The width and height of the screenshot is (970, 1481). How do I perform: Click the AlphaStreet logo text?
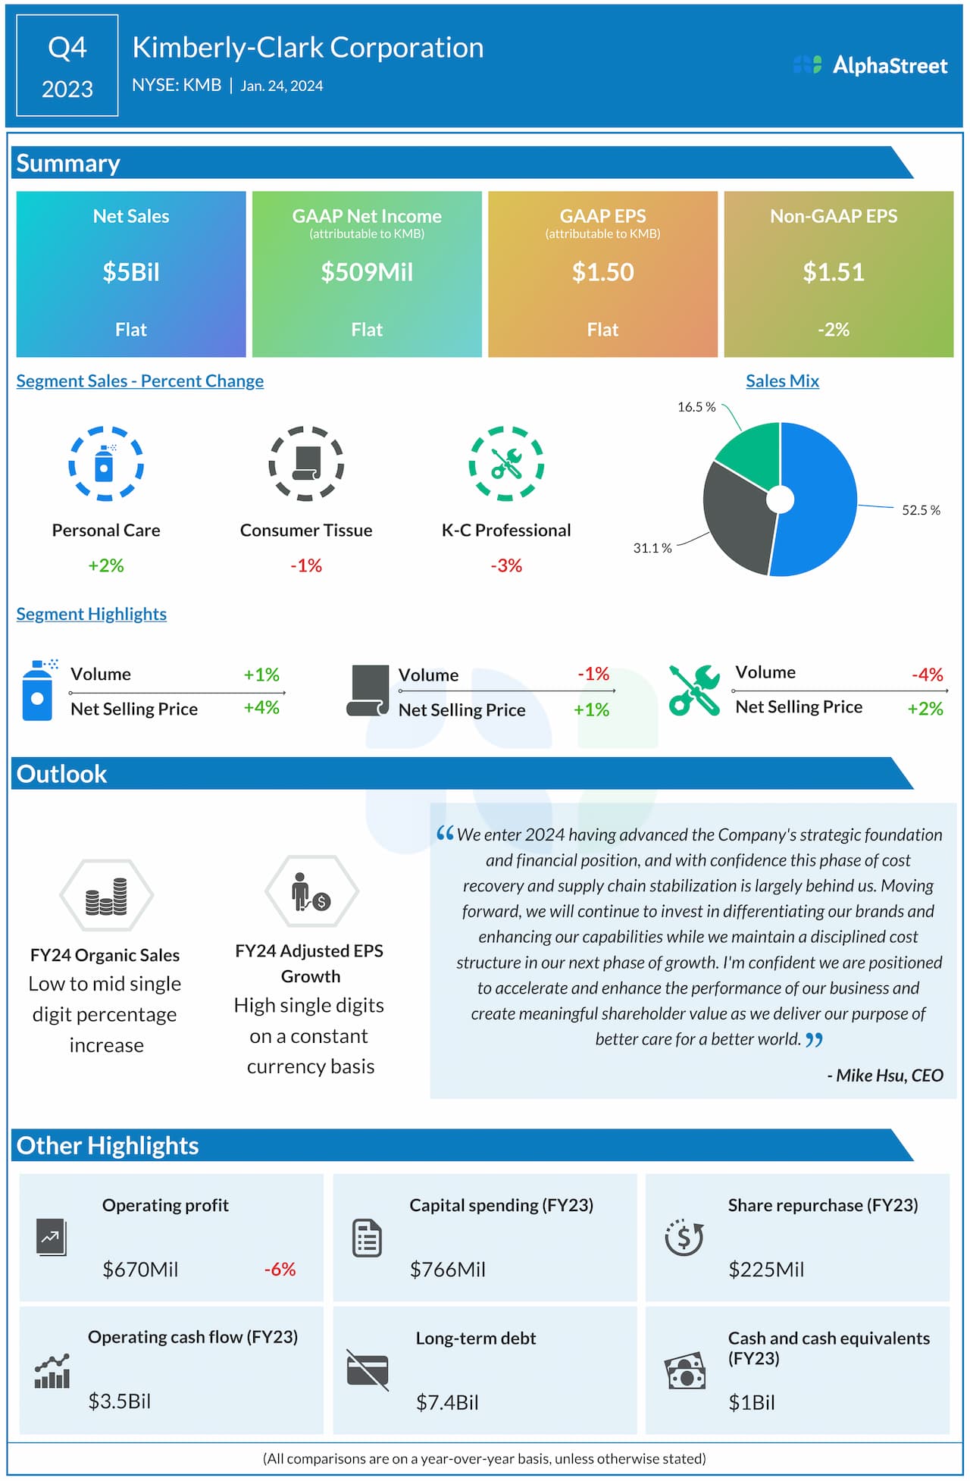890,66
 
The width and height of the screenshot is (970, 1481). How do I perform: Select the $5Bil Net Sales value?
131,272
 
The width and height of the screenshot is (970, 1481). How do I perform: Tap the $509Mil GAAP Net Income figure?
367,272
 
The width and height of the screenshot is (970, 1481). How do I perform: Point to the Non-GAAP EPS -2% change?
833,330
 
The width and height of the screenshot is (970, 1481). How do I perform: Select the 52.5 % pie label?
920,510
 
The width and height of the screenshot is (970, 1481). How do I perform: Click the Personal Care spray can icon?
105,463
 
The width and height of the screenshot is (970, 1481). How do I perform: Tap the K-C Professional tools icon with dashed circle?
506,463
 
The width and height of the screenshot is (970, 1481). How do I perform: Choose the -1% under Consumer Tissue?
306,565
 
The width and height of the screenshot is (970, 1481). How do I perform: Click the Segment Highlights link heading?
92,614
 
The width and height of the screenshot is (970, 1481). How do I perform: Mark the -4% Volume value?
927,675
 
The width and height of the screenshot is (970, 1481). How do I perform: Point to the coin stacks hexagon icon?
106,895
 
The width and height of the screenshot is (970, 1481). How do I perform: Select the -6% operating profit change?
280,1270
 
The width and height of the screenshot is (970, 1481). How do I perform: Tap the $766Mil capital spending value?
447,1270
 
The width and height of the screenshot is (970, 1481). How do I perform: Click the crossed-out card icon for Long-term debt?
368,1370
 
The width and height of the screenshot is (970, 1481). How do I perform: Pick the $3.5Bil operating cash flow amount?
120,1401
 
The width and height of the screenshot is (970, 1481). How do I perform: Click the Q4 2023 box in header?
67,67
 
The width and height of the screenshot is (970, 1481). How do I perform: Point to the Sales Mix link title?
782,381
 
